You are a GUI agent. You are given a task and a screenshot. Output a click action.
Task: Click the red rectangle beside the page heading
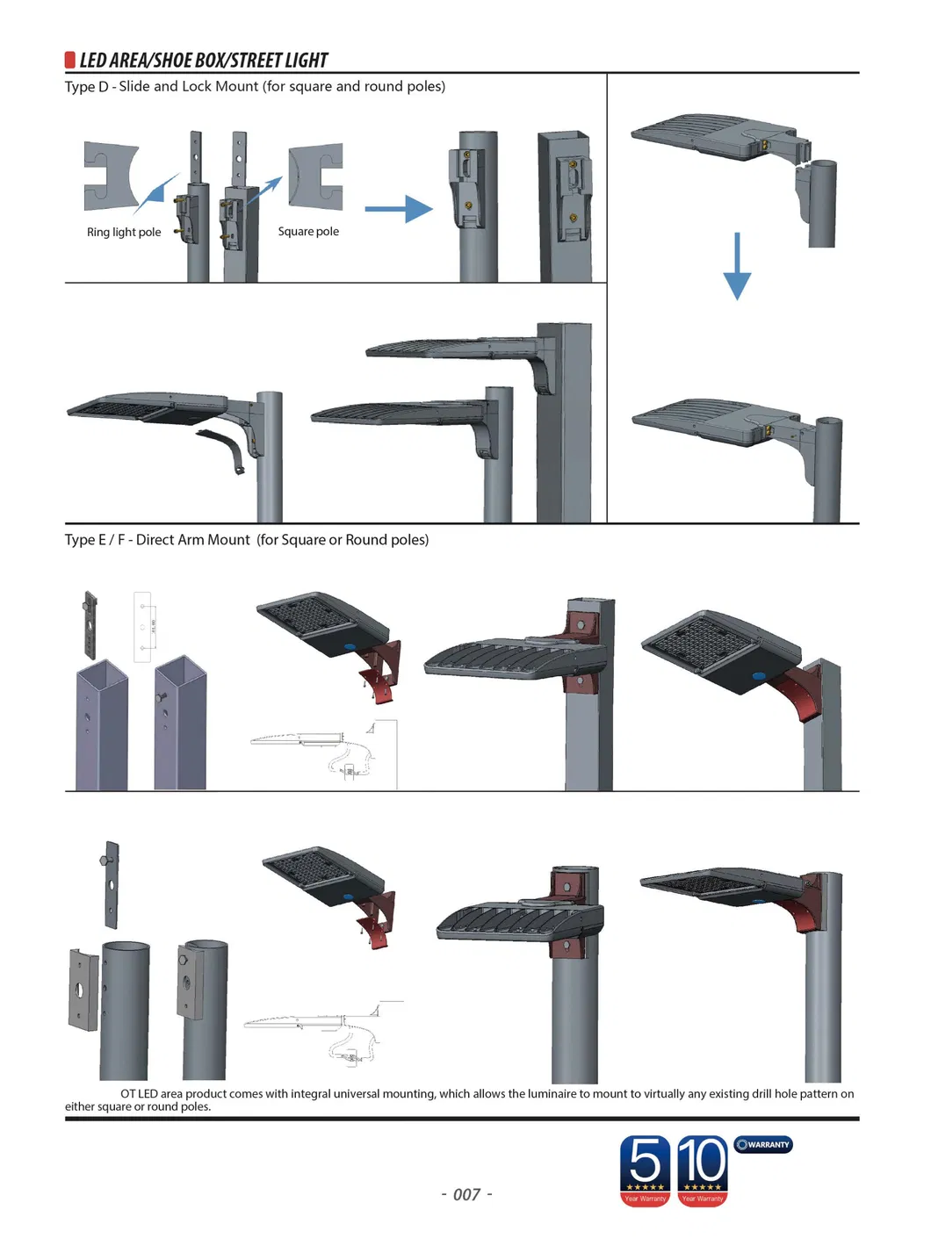[x=69, y=60]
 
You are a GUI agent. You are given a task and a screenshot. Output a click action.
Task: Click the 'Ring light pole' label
[x=124, y=233]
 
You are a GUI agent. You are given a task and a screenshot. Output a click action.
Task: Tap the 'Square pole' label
[x=308, y=232]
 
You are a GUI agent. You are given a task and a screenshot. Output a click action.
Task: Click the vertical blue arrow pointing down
[x=736, y=266]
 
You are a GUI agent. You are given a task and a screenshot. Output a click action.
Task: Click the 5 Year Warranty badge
[x=645, y=1170]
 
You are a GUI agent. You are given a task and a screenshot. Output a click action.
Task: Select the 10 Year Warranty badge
[x=703, y=1170]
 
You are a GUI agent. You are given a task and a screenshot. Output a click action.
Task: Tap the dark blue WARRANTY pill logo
[x=763, y=1144]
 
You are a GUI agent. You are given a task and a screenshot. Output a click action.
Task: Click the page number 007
[x=466, y=1194]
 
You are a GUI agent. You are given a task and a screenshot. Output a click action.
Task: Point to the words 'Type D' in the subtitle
[x=86, y=86]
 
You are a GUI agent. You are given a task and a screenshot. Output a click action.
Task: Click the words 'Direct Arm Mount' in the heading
[x=192, y=540]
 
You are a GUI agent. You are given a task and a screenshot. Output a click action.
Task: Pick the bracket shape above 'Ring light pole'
[x=111, y=176]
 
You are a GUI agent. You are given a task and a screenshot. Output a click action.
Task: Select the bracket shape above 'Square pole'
[x=315, y=176]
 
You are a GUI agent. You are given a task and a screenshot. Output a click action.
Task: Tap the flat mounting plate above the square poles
[x=90, y=624]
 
